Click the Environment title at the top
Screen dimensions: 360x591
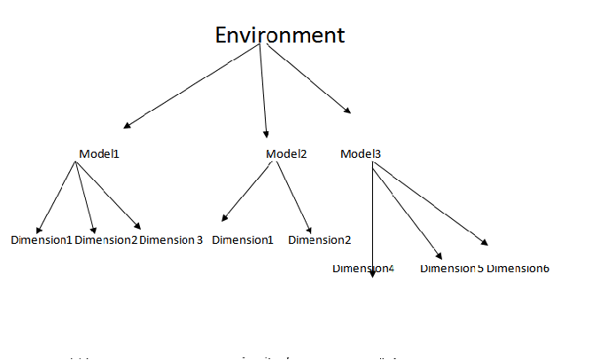click(x=280, y=35)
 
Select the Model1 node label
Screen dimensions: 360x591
click(x=98, y=153)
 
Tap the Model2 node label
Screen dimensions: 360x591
click(x=286, y=153)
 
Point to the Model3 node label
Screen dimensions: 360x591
click(x=361, y=153)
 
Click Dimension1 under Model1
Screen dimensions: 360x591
click(x=41, y=239)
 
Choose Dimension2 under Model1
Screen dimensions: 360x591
click(x=106, y=239)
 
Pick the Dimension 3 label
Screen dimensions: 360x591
click(x=171, y=239)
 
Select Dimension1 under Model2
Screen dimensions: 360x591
click(x=242, y=239)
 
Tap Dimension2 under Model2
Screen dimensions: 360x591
click(x=319, y=239)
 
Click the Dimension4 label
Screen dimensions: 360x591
click(x=363, y=267)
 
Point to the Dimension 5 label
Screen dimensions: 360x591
click(x=451, y=268)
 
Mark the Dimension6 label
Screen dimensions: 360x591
click(x=517, y=268)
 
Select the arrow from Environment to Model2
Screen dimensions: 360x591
click(x=263, y=89)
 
